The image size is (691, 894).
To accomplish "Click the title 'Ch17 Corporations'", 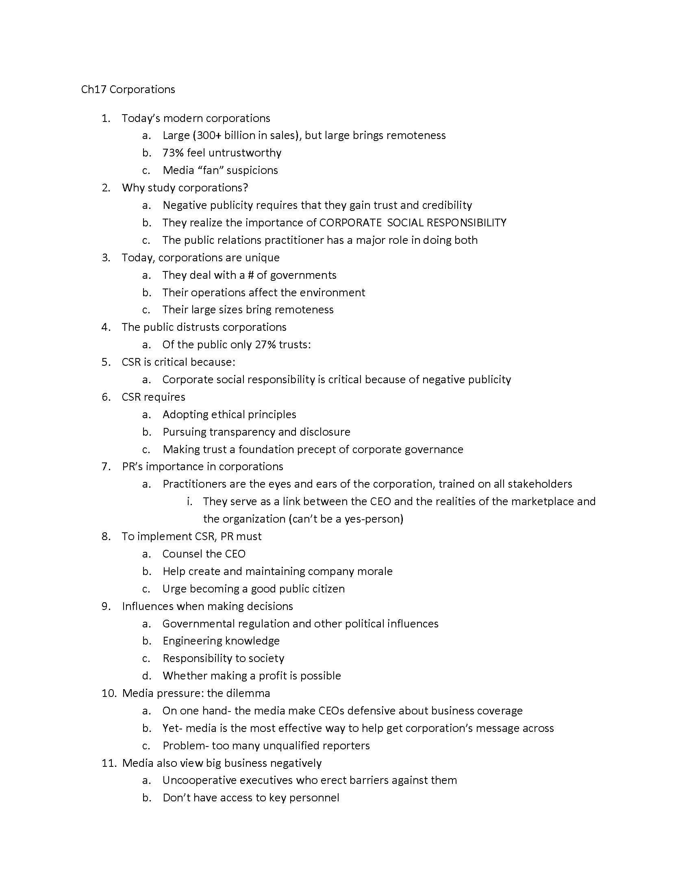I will click(x=128, y=89).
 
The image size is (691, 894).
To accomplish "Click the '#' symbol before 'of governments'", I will click(x=250, y=275).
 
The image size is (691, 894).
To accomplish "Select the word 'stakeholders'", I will click(x=539, y=484).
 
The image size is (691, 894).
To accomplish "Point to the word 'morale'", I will click(x=375, y=571).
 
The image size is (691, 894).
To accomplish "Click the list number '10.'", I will click(x=109, y=693).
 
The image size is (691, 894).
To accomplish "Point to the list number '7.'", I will click(x=106, y=467).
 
